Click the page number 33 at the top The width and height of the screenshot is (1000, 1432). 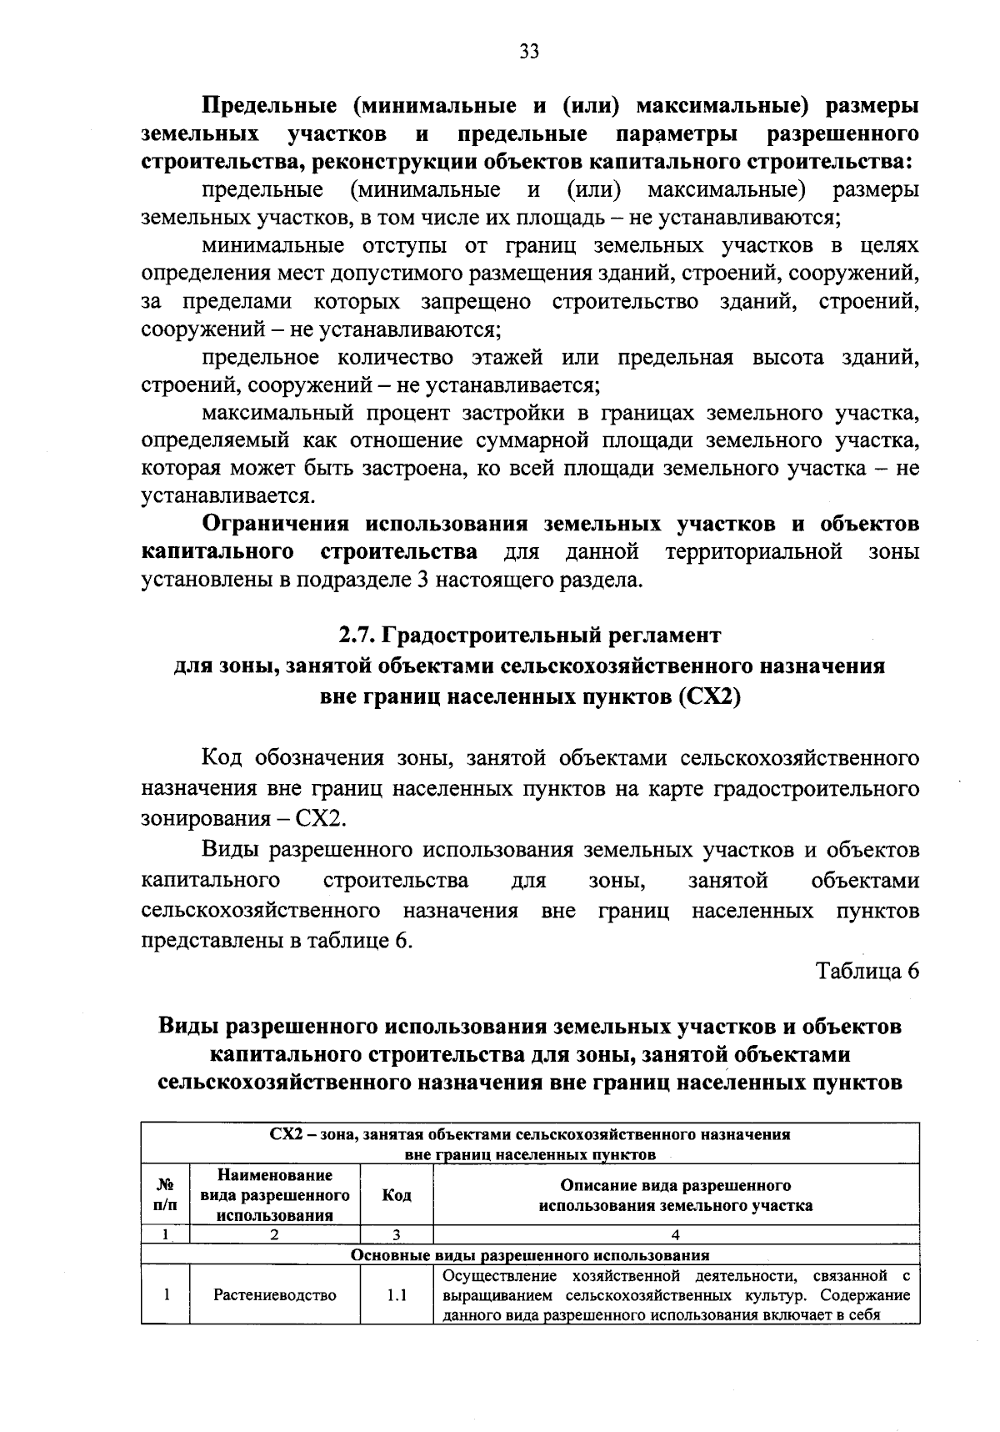coord(529,53)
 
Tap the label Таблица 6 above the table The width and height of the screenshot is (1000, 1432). coord(867,972)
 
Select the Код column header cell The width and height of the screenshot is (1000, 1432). coord(397,1195)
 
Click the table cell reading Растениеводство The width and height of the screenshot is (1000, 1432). coord(275,1295)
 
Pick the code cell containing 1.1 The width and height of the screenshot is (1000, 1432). coord(397,1295)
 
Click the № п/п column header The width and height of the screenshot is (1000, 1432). coord(166,1195)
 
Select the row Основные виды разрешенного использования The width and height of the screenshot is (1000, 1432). coord(530,1255)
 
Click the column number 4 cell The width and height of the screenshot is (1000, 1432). coord(676,1236)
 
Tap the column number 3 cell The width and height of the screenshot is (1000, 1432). coord(397,1236)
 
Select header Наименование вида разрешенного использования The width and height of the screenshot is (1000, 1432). coord(275,1195)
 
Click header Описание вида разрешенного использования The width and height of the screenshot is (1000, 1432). coord(676,1195)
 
